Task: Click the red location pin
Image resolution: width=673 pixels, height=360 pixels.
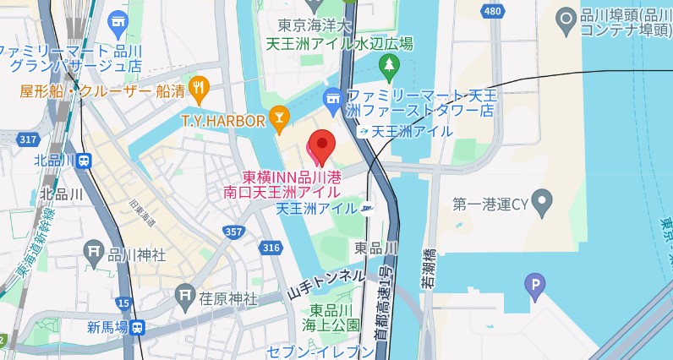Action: coord(321,145)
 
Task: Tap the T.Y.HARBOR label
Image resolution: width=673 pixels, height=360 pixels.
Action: coord(223,121)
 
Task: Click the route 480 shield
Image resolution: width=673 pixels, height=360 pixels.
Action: coord(491,11)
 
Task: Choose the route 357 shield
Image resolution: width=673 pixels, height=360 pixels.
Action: coord(234,231)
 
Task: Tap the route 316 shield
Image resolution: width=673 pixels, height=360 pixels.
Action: coord(271,247)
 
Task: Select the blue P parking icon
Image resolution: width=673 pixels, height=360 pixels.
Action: coord(534,287)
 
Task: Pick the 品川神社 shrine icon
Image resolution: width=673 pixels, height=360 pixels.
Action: coord(94,251)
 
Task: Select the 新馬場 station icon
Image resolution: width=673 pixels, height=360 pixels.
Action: coord(138,327)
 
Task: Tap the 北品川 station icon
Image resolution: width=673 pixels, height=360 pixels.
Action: coord(84,160)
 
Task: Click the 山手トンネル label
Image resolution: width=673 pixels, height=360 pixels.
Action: coord(326,284)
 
